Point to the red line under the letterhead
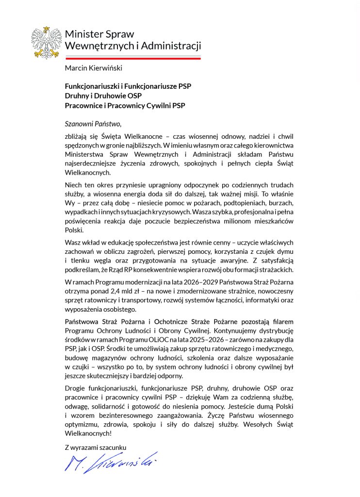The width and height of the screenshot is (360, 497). (133, 58)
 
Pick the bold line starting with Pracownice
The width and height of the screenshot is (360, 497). (125, 105)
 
